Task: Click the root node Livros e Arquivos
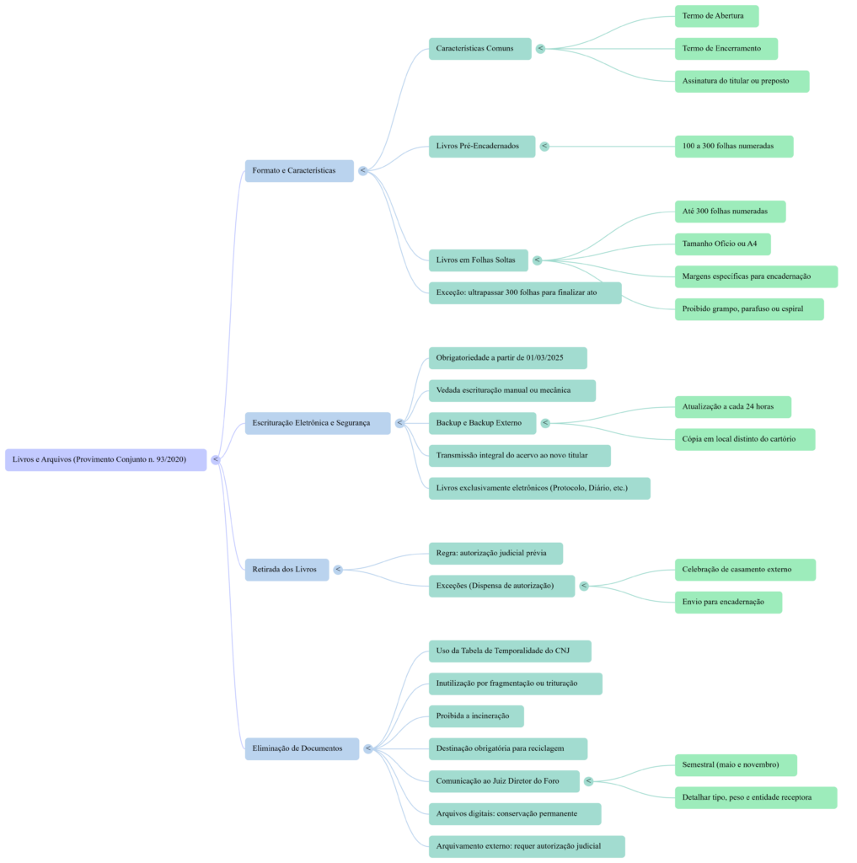tap(105, 459)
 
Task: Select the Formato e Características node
tap(299, 170)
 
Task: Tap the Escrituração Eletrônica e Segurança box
tap(318, 423)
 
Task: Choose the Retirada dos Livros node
tap(287, 570)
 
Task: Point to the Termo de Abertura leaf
tap(716, 16)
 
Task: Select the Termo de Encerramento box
tap(726, 48)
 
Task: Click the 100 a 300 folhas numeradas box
tap(733, 146)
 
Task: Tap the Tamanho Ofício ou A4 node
tap(722, 244)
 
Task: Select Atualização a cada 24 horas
tap(732, 406)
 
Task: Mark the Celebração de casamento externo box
tap(745, 569)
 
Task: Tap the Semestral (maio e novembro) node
tap(735, 764)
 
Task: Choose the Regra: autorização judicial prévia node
tap(495, 554)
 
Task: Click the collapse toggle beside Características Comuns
tap(540, 48)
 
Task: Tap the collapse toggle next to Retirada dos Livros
tap(338, 570)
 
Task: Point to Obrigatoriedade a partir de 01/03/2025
tap(507, 358)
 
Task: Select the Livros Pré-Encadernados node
tap(481, 146)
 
